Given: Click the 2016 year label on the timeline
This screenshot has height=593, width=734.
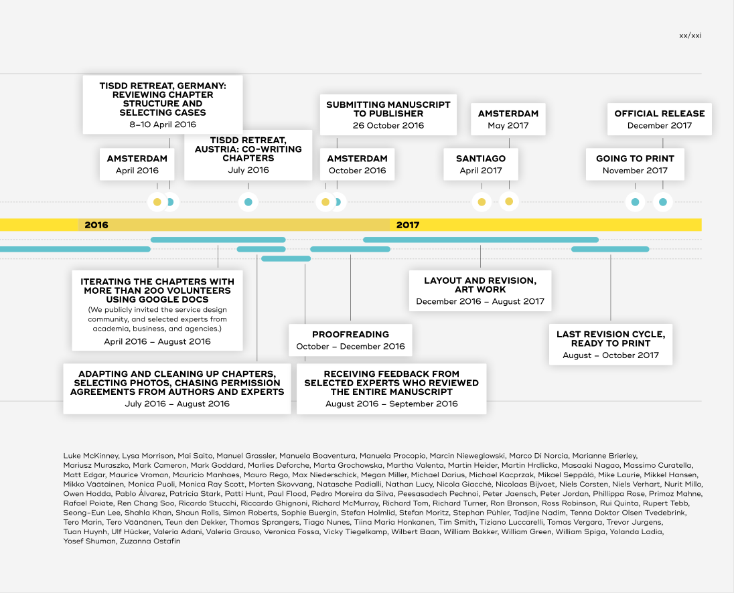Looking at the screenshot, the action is [x=96, y=225].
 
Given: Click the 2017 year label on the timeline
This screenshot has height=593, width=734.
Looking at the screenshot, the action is [x=408, y=225].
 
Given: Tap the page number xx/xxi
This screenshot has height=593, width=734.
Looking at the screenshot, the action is [x=690, y=35].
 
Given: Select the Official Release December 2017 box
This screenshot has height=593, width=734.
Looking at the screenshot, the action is [x=660, y=119].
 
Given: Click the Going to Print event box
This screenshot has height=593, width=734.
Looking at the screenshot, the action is [x=636, y=164].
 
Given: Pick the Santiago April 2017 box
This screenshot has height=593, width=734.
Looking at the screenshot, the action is [x=481, y=164].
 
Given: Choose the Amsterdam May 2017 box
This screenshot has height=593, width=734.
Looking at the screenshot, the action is [x=508, y=119].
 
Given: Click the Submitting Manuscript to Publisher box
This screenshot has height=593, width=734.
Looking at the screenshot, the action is [x=388, y=114].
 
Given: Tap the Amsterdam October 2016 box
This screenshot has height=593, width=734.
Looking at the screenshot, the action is [x=357, y=164].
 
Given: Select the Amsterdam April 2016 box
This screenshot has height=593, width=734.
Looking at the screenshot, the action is [x=137, y=164].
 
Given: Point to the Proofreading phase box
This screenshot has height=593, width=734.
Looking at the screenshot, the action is [x=351, y=340].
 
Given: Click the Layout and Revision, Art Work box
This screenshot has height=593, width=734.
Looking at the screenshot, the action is [x=480, y=290].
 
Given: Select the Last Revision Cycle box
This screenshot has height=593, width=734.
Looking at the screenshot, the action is [x=611, y=344].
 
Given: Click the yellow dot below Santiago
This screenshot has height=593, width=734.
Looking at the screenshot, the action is [x=482, y=202].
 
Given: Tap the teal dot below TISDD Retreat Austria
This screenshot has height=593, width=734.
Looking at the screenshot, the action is [x=248, y=202].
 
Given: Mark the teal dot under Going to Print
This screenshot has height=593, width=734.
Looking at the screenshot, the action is [x=636, y=202].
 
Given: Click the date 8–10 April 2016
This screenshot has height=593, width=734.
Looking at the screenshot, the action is [x=163, y=124].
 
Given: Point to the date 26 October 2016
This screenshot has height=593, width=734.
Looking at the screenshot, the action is [x=388, y=125].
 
